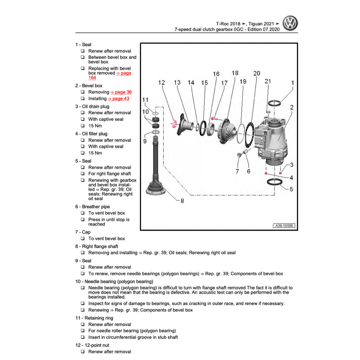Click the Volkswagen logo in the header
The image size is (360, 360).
click(290, 24)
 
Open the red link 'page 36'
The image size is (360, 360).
click(121, 92)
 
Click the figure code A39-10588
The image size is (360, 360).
click(284, 226)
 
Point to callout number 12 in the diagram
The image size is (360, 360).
click(161, 83)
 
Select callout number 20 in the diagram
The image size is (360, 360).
click(257, 73)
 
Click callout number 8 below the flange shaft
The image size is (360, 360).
click(182, 201)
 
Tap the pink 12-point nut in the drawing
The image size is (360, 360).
click(173, 124)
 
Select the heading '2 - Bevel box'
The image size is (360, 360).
click(89, 86)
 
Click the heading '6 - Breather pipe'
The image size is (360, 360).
click(92, 207)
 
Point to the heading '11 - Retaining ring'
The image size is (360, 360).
click(94, 318)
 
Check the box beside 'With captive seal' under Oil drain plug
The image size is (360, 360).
click(83, 119)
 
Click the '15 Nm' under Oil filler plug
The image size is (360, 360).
click(95, 153)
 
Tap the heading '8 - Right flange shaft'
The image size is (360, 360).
click(96, 246)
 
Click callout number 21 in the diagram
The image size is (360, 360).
click(268, 81)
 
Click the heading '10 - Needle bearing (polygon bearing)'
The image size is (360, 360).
click(114, 282)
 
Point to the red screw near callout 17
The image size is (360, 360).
click(215, 119)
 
